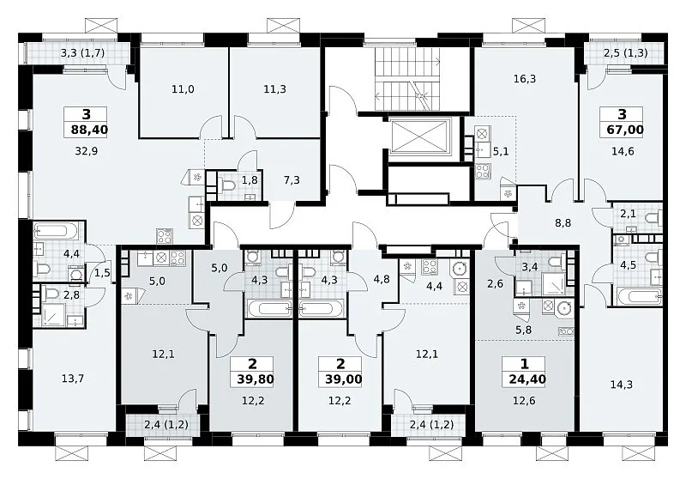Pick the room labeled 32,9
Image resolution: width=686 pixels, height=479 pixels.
pos(87,151)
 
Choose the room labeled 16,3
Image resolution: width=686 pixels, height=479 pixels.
pos(525,79)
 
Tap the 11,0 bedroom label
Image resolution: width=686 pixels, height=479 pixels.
pos(183,89)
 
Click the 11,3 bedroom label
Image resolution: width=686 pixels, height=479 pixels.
pos(274,89)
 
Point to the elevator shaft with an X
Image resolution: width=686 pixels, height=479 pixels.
pos(419,137)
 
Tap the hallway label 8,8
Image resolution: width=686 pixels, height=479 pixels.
pos(563,223)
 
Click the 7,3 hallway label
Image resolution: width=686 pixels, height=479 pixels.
pos(292,180)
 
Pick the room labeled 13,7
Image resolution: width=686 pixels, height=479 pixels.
pos(73,379)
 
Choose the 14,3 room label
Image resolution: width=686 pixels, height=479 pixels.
pos(621,385)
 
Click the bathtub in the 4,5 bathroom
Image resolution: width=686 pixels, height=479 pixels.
pos(639,296)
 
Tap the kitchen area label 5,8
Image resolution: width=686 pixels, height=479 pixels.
pos(523,330)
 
